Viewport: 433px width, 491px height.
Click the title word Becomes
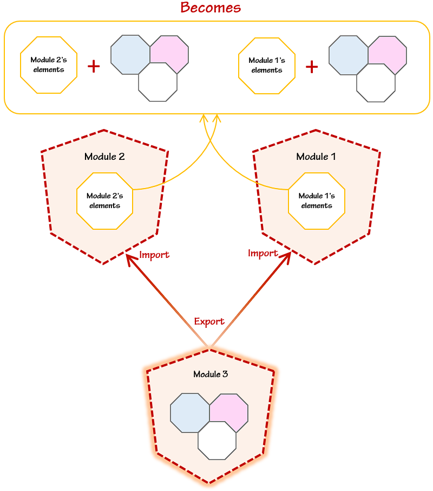click(x=211, y=8)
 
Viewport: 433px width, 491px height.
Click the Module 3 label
click(x=211, y=374)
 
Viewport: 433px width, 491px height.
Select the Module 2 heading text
click(x=104, y=157)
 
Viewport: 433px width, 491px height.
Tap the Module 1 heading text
click(x=316, y=157)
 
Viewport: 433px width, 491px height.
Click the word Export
click(x=209, y=321)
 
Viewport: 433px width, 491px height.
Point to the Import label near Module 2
click(x=154, y=255)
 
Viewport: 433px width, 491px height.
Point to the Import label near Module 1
click(x=263, y=253)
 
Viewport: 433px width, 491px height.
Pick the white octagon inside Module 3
click(x=217, y=442)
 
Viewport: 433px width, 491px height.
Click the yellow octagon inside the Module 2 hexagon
click(x=104, y=201)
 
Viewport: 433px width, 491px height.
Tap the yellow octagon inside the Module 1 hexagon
click(x=317, y=201)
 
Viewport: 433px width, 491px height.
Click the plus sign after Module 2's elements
click(x=94, y=66)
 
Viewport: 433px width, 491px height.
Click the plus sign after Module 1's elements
click(x=312, y=66)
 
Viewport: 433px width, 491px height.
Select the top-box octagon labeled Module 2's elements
click(x=49, y=65)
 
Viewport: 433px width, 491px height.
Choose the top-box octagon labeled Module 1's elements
click(x=267, y=65)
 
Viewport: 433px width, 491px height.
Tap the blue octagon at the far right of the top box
click(x=347, y=55)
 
